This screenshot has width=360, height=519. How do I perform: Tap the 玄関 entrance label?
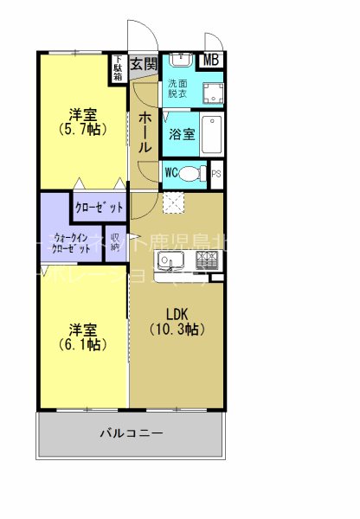(x=144, y=63)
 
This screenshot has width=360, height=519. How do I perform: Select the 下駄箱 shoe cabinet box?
(x=117, y=68)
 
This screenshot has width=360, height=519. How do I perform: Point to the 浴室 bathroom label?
(x=182, y=135)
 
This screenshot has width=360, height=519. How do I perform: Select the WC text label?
(x=170, y=172)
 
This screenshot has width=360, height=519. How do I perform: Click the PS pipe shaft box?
(x=216, y=172)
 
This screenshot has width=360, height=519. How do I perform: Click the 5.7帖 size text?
(x=82, y=131)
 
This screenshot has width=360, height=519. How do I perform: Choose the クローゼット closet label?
(x=98, y=207)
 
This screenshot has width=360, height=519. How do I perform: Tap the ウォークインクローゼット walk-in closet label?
(x=72, y=242)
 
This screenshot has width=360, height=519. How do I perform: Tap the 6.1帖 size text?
(x=82, y=344)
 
